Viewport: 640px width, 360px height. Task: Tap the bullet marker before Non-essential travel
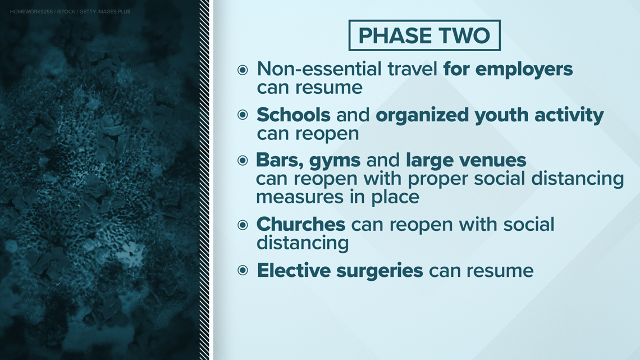pos(243,70)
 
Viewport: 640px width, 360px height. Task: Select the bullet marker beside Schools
pos(243,115)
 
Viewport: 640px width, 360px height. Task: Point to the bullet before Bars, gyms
pos(243,161)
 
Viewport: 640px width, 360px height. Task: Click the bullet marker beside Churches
pos(243,225)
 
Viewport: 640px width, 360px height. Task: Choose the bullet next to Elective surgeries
pos(243,270)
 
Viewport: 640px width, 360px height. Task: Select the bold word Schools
pos(294,115)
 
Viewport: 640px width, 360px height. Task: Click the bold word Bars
pos(280,161)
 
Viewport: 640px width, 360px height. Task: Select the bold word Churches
pos(301,224)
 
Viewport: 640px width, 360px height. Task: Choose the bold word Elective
pos(294,270)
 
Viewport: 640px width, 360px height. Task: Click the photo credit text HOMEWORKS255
pos(31,12)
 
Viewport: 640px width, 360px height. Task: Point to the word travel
pos(412,69)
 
